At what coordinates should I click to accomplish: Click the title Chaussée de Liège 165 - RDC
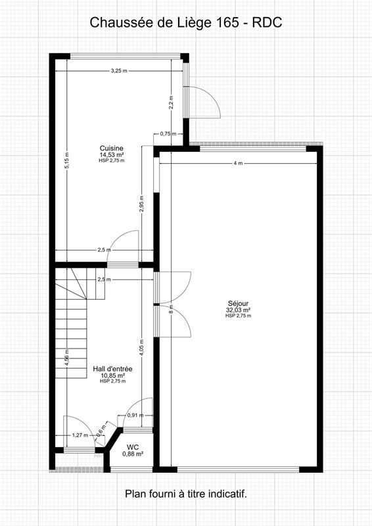tap(186, 22)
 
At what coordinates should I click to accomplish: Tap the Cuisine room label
tap(111, 147)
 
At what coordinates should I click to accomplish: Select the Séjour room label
tap(238, 304)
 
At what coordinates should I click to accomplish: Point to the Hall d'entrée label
tap(113, 370)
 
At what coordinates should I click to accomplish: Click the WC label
tap(133, 446)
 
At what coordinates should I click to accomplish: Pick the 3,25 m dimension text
tap(119, 70)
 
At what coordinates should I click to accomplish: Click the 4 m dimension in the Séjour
tap(237, 162)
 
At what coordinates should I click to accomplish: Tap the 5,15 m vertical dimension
tap(66, 161)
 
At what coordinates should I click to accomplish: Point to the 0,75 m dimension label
tap(169, 133)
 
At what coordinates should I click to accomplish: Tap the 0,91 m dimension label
tap(135, 416)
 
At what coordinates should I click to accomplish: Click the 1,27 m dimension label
tap(80, 435)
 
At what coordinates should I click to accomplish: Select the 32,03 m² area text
tap(238, 310)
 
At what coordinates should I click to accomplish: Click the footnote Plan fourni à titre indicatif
tap(186, 492)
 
